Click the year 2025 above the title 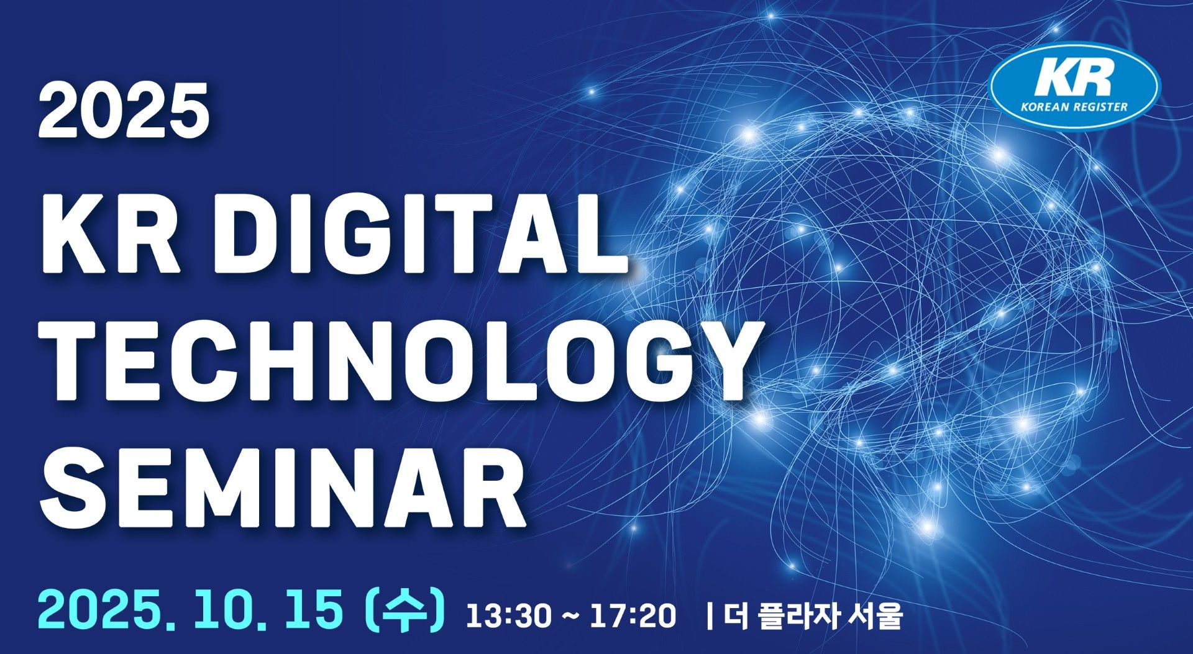pyautogui.click(x=123, y=111)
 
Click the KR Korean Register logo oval pyautogui.click(x=1073, y=85)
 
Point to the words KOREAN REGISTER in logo pyautogui.click(x=1074, y=106)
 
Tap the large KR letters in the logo pyautogui.click(x=1073, y=78)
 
